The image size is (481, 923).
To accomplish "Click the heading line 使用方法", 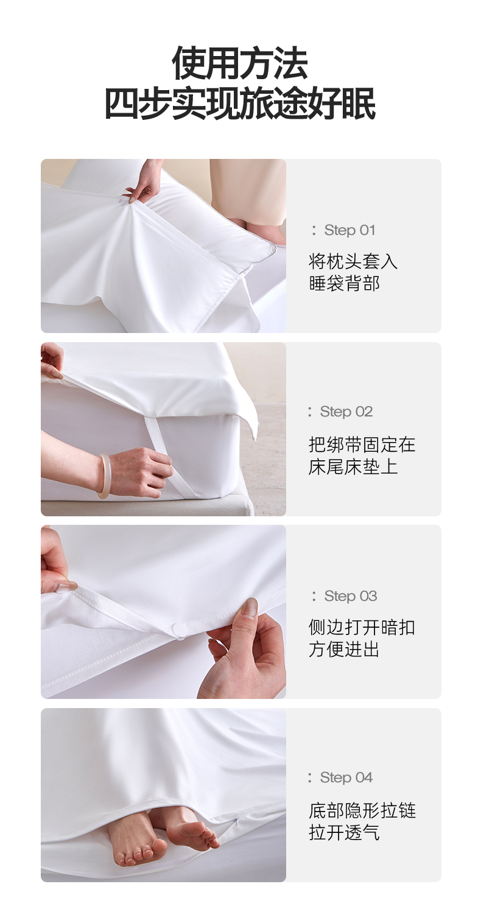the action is tap(240, 63).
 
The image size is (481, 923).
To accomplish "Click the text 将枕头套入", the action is tap(353, 261).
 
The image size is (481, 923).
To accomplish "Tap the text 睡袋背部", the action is tap(344, 284).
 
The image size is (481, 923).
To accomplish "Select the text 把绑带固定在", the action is tap(362, 444).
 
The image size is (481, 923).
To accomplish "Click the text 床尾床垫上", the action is tap(353, 466).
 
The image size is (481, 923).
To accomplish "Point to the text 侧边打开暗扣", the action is tap(362, 627).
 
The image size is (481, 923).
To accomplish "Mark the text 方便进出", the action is tap(344, 650).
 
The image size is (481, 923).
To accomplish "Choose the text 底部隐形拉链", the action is tap(362, 810).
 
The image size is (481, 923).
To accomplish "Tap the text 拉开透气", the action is tap(344, 832).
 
